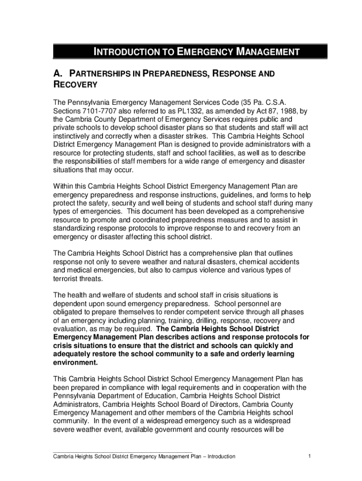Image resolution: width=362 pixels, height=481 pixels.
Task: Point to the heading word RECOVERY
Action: (75, 85)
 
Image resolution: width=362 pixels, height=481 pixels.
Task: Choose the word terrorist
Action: (66, 279)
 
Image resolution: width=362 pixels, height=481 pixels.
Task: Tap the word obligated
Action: (69, 312)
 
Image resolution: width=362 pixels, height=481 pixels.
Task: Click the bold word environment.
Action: (76, 363)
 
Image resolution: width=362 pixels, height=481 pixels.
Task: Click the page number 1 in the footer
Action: (309, 456)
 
